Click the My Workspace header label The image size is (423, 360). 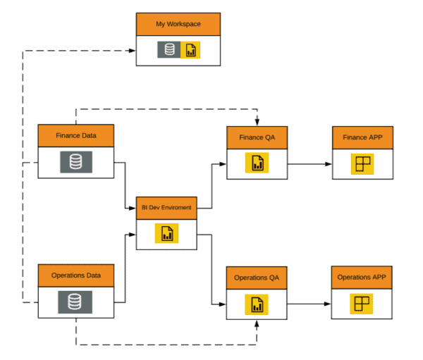178,24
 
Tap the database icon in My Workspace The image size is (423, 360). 168,50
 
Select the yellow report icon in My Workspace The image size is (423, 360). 190,50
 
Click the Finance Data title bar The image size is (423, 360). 75,135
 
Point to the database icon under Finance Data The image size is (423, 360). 75,162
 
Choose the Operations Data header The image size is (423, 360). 75,275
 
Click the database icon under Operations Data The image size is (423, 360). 75,302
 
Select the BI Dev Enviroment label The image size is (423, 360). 167,207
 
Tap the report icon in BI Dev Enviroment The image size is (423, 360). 167,234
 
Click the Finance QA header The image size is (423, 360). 257,137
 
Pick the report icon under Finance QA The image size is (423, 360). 257,163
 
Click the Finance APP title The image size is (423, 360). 362,137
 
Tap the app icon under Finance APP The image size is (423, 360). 362,163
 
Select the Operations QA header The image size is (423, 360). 256,278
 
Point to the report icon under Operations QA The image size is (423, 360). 256,304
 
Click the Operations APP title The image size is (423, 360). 362,278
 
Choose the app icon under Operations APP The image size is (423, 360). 362,304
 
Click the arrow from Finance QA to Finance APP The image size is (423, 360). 309,163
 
